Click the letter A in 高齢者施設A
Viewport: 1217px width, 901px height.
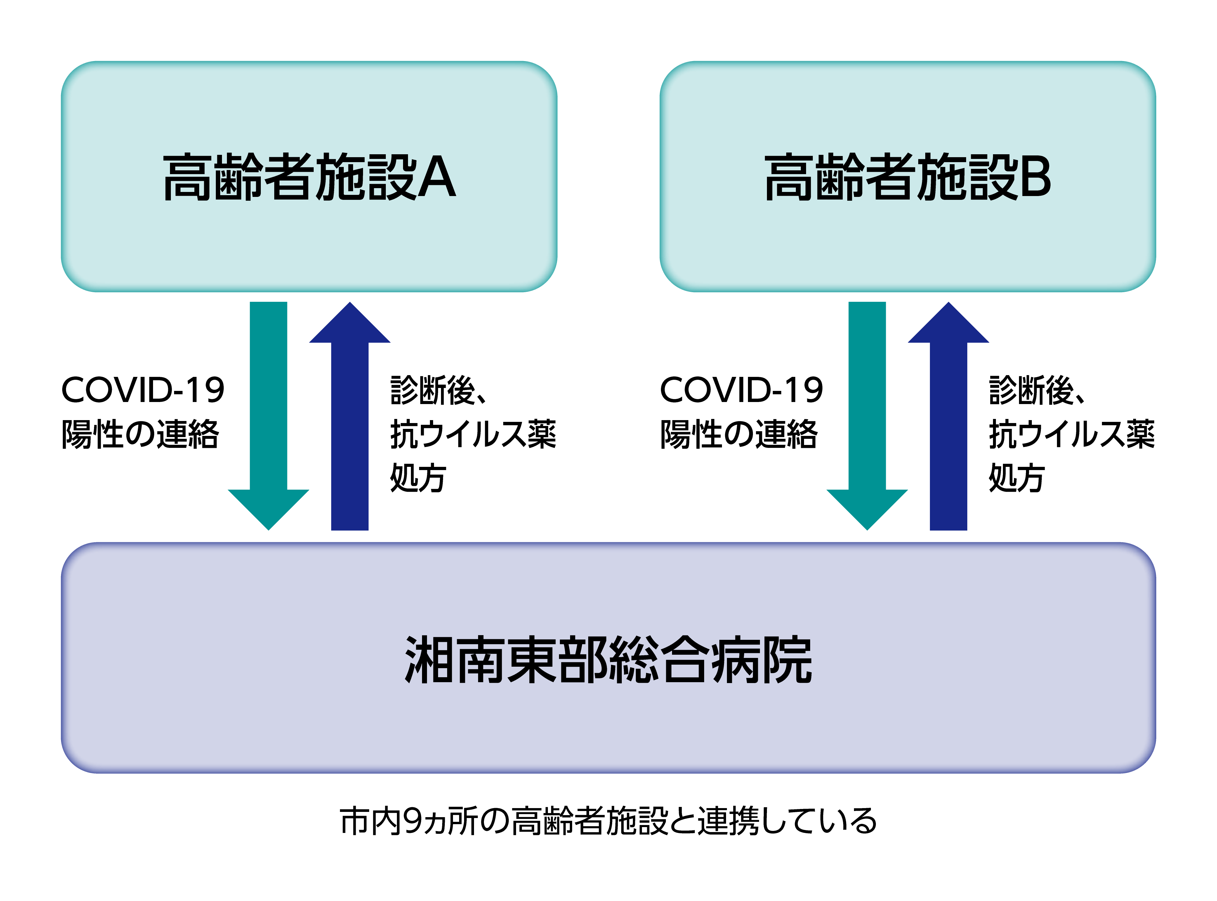coord(437,177)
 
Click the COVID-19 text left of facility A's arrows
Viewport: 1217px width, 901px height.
coord(143,391)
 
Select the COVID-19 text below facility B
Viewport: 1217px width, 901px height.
coord(742,391)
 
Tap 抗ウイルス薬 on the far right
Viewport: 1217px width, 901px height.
coord(1072,435)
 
